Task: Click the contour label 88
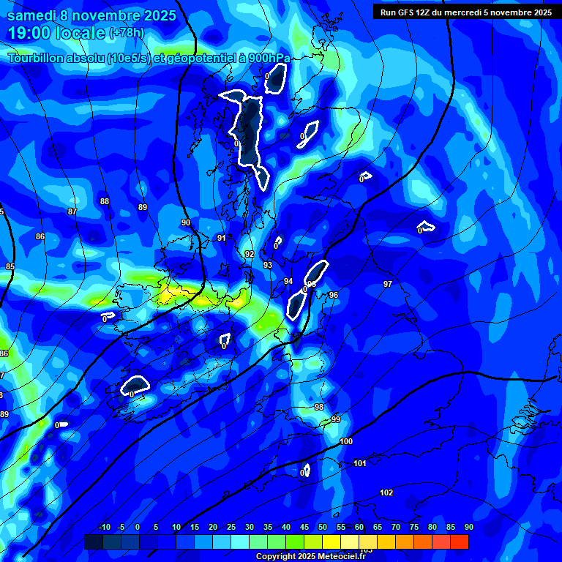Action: [105, 201]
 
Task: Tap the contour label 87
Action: [72, 211]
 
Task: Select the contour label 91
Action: [222, 238]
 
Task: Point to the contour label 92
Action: [250, 254]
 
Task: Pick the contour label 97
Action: [388, 284]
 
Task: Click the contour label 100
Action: [346, 441]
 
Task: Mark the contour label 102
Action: [386, 492]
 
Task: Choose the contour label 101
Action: [360, 463]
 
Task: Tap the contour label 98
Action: [318, 407]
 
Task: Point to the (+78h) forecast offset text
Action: [127, 33]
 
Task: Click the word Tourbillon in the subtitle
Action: [36, 59]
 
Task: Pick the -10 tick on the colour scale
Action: [105, 527]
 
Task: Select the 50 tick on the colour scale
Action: [323, 527]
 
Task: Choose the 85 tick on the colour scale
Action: [451, 527]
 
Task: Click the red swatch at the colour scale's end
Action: [460, 542]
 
